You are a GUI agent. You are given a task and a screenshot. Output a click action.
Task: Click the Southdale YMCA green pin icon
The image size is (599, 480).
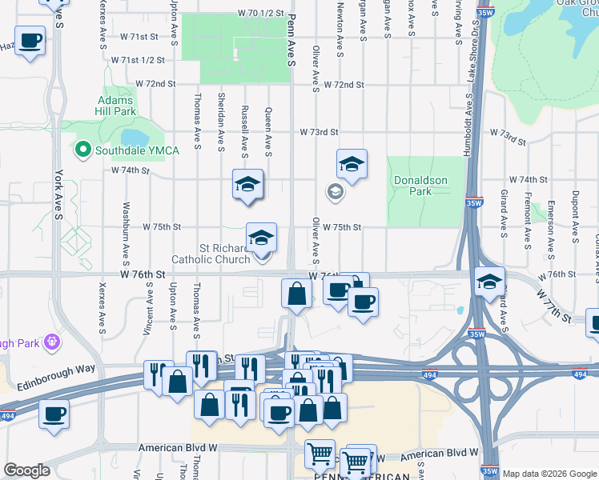pyautogui.click(x=82, y=149)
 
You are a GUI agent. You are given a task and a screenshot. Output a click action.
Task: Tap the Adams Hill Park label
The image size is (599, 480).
pyautogui.click(x=117, y=106)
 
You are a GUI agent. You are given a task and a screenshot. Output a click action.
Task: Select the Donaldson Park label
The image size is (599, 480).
pyautogui.click(x=420, y=186)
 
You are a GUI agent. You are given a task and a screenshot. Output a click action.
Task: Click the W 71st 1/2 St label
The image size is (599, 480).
pyautogui.click(x=138, y=60)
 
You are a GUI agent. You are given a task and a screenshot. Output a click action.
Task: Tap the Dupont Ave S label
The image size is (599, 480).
pyautogui.click(x=574, y=217)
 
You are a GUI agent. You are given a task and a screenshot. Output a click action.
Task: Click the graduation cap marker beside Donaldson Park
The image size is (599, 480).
pyautogui.click(x=352, y=164)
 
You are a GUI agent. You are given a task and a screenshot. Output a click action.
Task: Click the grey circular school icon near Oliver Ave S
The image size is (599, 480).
pyautogui.click(x=335, y=192)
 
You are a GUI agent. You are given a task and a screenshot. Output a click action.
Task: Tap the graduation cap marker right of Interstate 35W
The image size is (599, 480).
pyautogui.click(x=490, y=282)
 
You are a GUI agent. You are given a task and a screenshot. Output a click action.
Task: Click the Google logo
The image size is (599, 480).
pyautogui.click(x=26, y=470)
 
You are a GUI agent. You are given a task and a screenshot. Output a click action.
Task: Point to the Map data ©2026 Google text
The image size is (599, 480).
pyautogui.click(x=549, y=474)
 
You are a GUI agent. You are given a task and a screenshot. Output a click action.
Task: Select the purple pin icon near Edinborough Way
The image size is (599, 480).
pyautogui.click(x=53, y=342)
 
